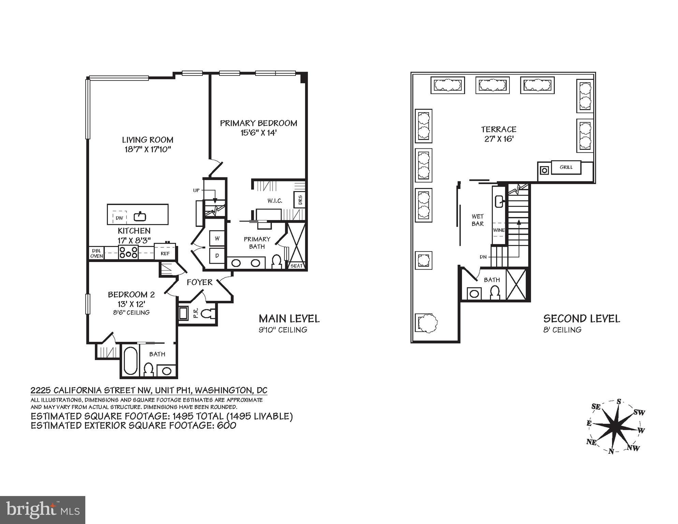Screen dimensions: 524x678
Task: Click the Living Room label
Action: tap(148, 140)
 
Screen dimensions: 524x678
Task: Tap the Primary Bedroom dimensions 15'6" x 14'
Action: tap(258, 132)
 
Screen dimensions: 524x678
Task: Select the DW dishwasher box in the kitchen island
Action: tap(119, 217)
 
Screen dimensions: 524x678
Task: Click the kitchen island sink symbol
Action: tap(140, 216)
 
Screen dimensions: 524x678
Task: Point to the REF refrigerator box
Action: tap(165, 253)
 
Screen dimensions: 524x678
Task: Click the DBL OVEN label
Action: tap(97, 253)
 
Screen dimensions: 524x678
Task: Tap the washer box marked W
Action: tap(217, 238)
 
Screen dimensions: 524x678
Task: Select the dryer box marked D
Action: tap(217, 255)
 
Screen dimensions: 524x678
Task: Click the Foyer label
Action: tap(200, 282)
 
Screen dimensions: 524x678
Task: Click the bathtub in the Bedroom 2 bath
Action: tap(130, 361)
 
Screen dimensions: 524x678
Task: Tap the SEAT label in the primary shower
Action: tap(297, 266)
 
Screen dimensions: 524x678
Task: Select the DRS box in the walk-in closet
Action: tap(300, 200)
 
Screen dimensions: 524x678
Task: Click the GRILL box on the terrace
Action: tap(566, 167)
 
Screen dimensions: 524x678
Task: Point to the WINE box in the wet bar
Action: tap(499, 230)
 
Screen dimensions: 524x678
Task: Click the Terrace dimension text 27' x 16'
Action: tap(499, 139)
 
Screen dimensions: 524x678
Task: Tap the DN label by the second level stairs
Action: tap(483, 257)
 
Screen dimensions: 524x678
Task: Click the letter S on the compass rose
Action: tap(619, 402)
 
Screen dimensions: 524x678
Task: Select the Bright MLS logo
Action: tap(43, 510)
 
